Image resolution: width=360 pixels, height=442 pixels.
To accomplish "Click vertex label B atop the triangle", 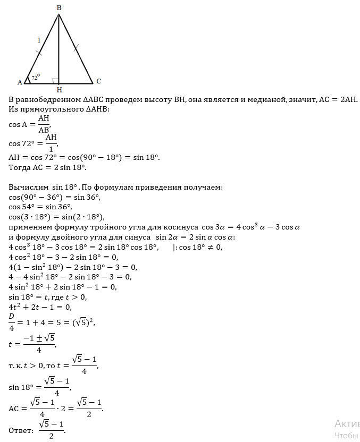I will pos(58,7).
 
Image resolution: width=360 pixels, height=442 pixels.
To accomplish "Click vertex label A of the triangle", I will pos(20,82).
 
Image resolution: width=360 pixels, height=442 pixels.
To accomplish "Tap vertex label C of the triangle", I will pos(98,81).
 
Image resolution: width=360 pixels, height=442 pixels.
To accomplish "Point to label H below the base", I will pos(59,89).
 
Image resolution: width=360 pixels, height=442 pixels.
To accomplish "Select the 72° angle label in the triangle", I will pos(36,78).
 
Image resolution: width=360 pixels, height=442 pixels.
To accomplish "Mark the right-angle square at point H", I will pos(56,81).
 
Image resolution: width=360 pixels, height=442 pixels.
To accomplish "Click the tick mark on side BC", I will pos(76,48).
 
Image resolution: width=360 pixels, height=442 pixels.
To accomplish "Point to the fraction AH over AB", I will pos(44,124).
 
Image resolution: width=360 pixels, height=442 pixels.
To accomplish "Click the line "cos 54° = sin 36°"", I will pos(40,207).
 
